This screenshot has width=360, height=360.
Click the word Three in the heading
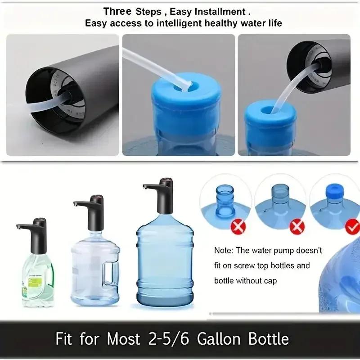point(117,11)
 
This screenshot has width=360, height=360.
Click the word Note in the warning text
point(223,250)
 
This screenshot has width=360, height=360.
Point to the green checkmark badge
point(352,227)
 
